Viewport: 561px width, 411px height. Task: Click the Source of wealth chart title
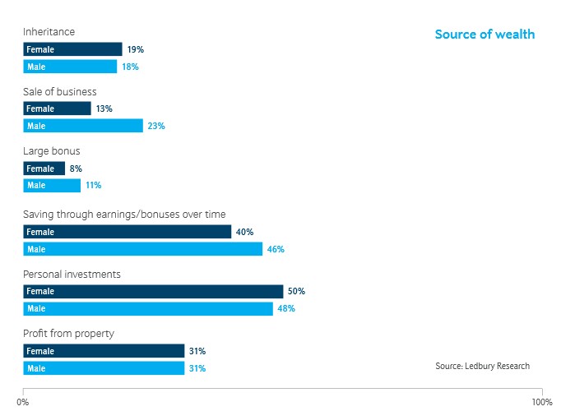484,35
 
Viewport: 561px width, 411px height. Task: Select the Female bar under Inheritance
72,49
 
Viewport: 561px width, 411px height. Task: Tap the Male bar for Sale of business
83,126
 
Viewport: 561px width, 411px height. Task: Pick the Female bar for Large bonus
44,169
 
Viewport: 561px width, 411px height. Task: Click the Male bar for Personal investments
148,309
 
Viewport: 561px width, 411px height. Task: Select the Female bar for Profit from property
104,352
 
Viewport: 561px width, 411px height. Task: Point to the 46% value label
276,249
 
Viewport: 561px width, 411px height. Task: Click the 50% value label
296,292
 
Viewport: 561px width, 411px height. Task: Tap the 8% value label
76,169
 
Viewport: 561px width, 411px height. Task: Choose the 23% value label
156,127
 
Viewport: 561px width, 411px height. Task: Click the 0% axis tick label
23,402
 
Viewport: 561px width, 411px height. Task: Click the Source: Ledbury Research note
482,366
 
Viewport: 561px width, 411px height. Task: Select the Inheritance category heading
49,32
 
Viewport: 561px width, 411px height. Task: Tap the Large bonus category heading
51,151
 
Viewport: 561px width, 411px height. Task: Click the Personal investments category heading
72,274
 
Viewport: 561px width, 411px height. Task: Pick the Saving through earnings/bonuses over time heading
123,215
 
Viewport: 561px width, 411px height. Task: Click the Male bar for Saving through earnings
142,249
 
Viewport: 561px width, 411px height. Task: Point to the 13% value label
104,109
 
